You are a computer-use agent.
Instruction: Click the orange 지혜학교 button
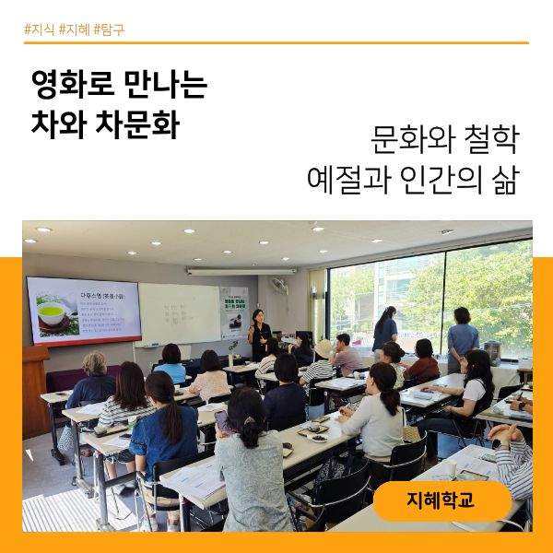click(x=442, y=500)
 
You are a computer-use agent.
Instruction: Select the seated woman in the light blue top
click(x=171, y=363)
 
